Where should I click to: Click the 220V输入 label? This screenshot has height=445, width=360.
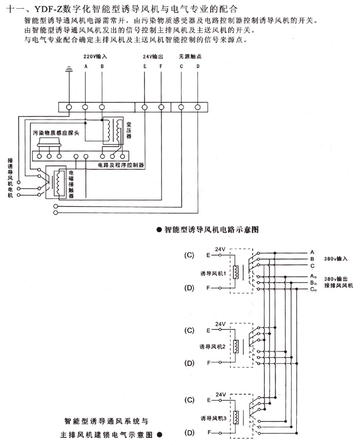tap(95, 56)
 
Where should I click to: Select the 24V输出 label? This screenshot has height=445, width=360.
tap(153, 56)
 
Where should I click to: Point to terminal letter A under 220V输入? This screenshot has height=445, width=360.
tap(86, 66)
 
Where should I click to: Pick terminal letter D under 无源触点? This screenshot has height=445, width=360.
tap(197, 66)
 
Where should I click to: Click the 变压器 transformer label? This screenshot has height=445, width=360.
tap(129, 131)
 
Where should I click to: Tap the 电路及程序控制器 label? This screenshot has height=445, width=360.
tap(120, 165)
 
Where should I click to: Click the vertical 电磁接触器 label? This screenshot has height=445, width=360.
tap(71, 183)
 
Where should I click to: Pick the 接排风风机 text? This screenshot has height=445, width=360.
tap(338, 285)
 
